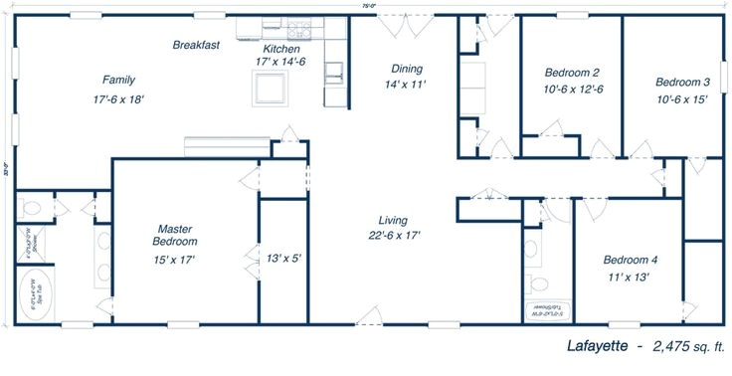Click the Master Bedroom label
[174, 234]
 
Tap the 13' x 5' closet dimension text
[284, 259]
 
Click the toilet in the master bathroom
[33, 210]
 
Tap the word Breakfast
[196, 45]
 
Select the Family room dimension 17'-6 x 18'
[118, 99]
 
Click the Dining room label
[407, 69]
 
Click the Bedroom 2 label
[572, 73]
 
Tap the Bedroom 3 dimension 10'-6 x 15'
[681, 98]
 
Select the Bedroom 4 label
[631, 261]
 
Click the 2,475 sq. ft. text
[690, 346]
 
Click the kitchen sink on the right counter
[337, 70]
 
